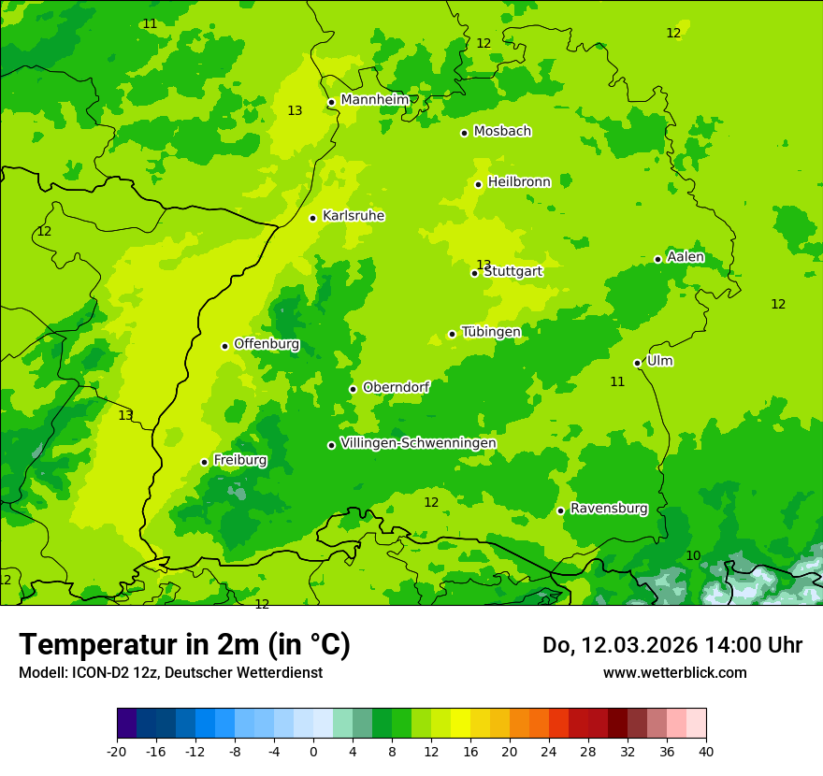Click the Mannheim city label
(x=374, y=99)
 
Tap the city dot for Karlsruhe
(x=313, y=218)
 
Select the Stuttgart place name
(x=513, y=271)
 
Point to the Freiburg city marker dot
(x=204, y=462)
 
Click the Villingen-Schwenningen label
(x=418, y=442)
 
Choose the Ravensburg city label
(x=609, y=509)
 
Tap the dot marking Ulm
(x=638, y=363)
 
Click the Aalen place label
(x=686, y=257)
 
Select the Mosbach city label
(x=502, y=131)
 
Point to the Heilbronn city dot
(x=479, y=184)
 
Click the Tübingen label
(x=491, y=332)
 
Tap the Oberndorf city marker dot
(x=353, y=389)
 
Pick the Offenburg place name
(x=267, y=344)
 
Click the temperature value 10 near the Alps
(x=693, y=555)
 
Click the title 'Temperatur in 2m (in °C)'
(x=185, y=644)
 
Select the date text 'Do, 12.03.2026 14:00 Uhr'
(x=672, y=645)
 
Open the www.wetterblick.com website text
(x=674, y=672)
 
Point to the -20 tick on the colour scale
(x=117, y=751)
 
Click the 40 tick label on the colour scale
(x=705, y=751)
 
